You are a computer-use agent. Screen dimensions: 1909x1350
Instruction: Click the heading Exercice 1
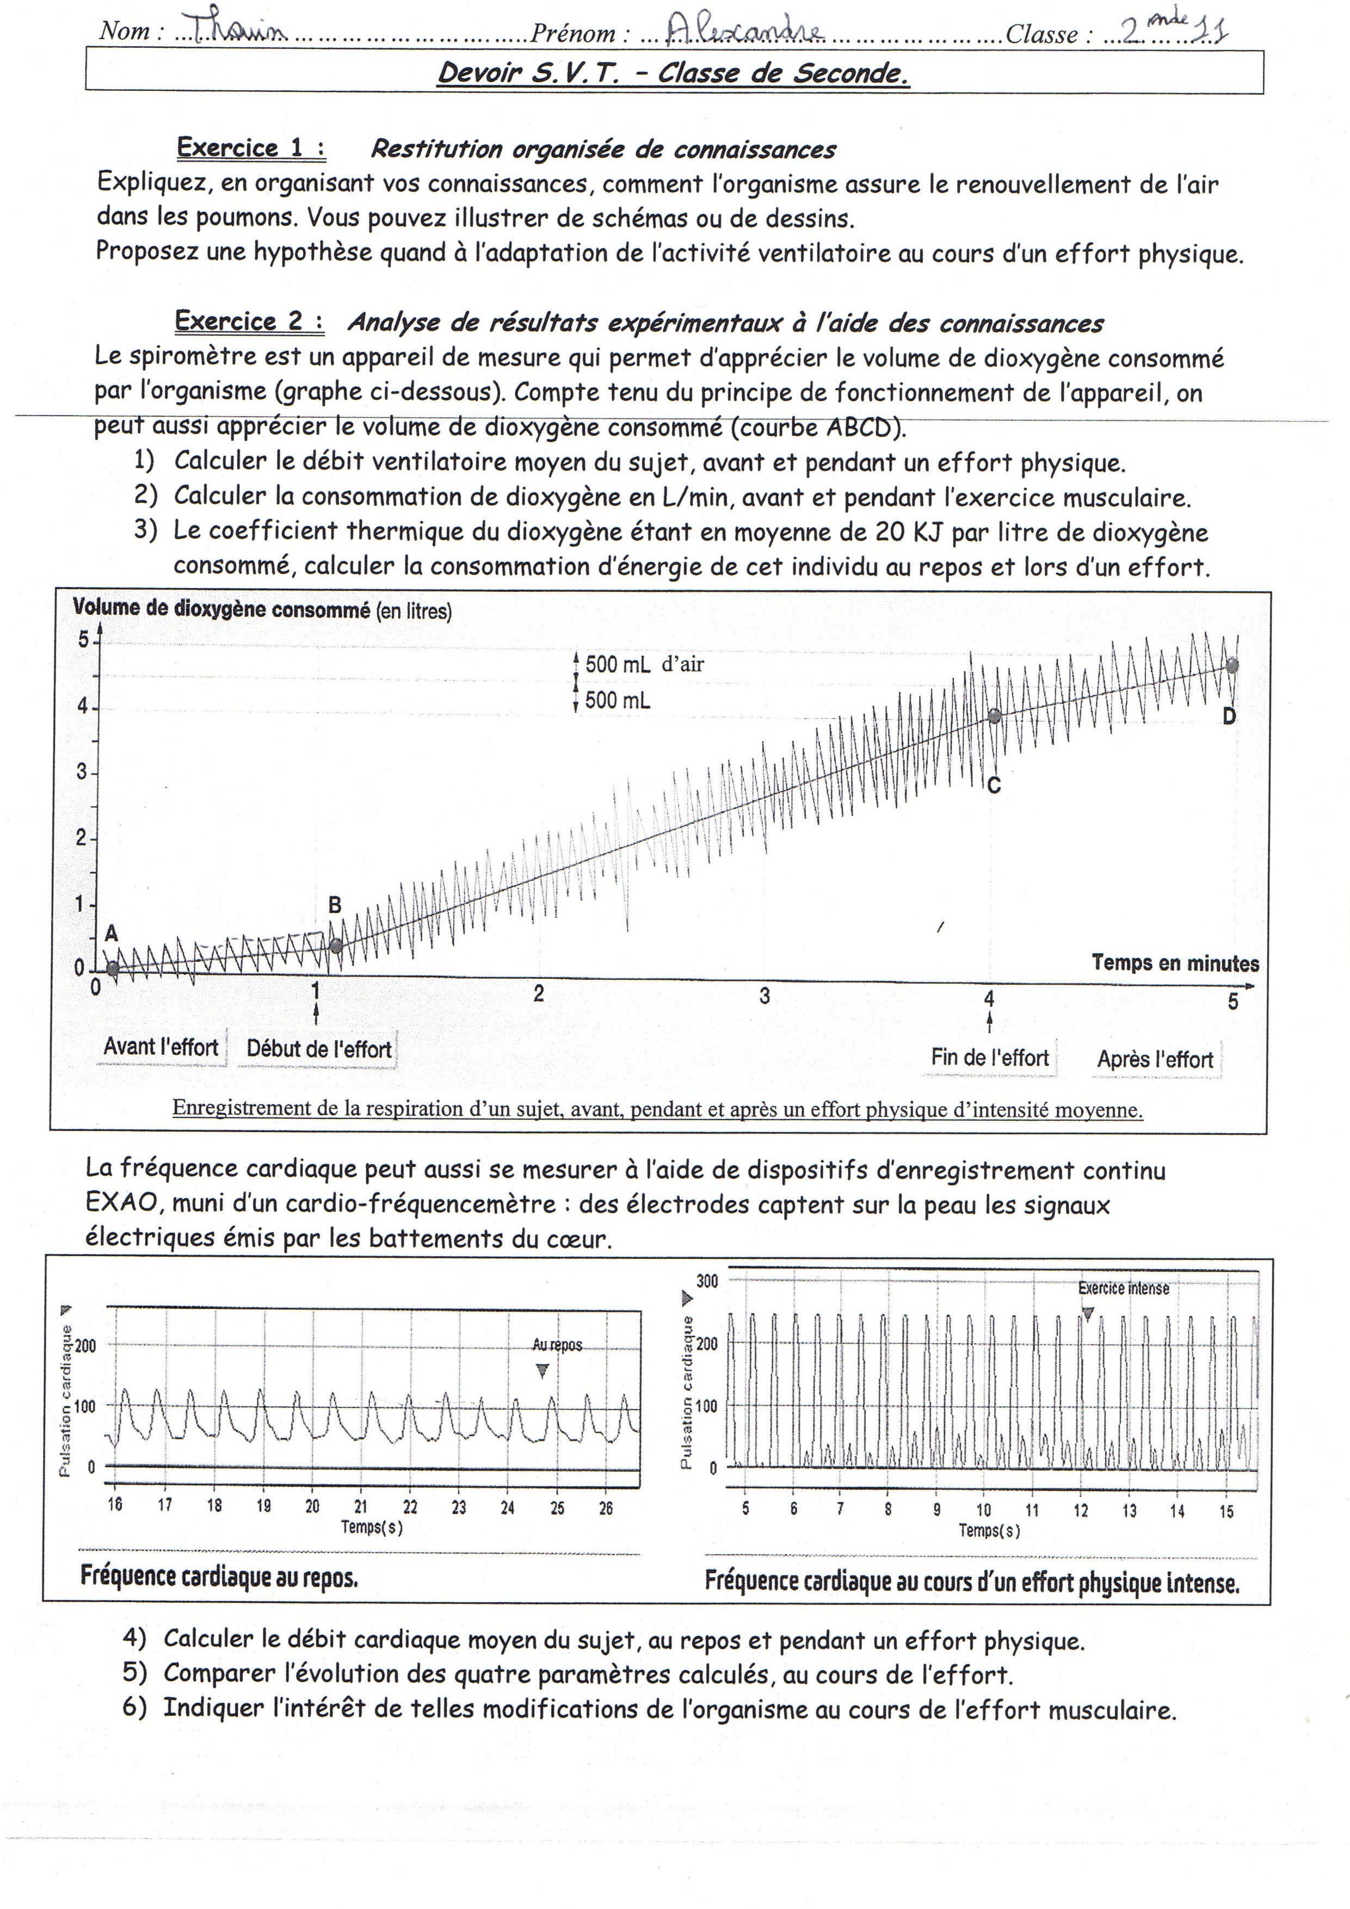[x=250, y=148]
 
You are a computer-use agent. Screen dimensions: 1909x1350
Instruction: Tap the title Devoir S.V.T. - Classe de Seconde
[x=673, y=73]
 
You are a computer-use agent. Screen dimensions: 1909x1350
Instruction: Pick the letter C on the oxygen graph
[x=993, y=785]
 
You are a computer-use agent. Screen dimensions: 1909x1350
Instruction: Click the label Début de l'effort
[x=318, y=1049]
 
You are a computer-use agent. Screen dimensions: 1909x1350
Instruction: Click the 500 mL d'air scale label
[x=644, y=664]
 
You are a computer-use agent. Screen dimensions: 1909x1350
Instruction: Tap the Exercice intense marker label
[x=1123, y=1289]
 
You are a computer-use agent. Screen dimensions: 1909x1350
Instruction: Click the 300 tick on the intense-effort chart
[x=706, y=1281]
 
